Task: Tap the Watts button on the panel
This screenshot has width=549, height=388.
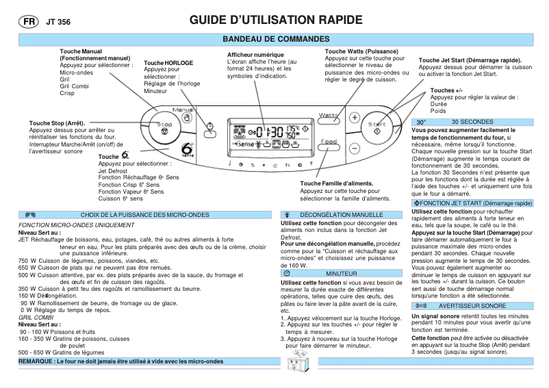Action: point(329,117)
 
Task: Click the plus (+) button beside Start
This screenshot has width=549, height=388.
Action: point(355,117)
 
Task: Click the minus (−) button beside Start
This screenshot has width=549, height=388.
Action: point(355,147)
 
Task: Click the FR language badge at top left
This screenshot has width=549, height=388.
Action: point(28,21)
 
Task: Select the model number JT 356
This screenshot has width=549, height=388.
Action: point(58,22)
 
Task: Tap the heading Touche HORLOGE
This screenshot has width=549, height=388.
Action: point(168,63)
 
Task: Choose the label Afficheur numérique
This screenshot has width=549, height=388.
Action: point(259,55)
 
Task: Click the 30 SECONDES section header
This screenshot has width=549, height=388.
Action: point(472,121)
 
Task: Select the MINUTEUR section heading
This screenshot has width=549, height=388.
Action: point(341,273)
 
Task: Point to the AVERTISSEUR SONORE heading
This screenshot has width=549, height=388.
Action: point(472,306)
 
